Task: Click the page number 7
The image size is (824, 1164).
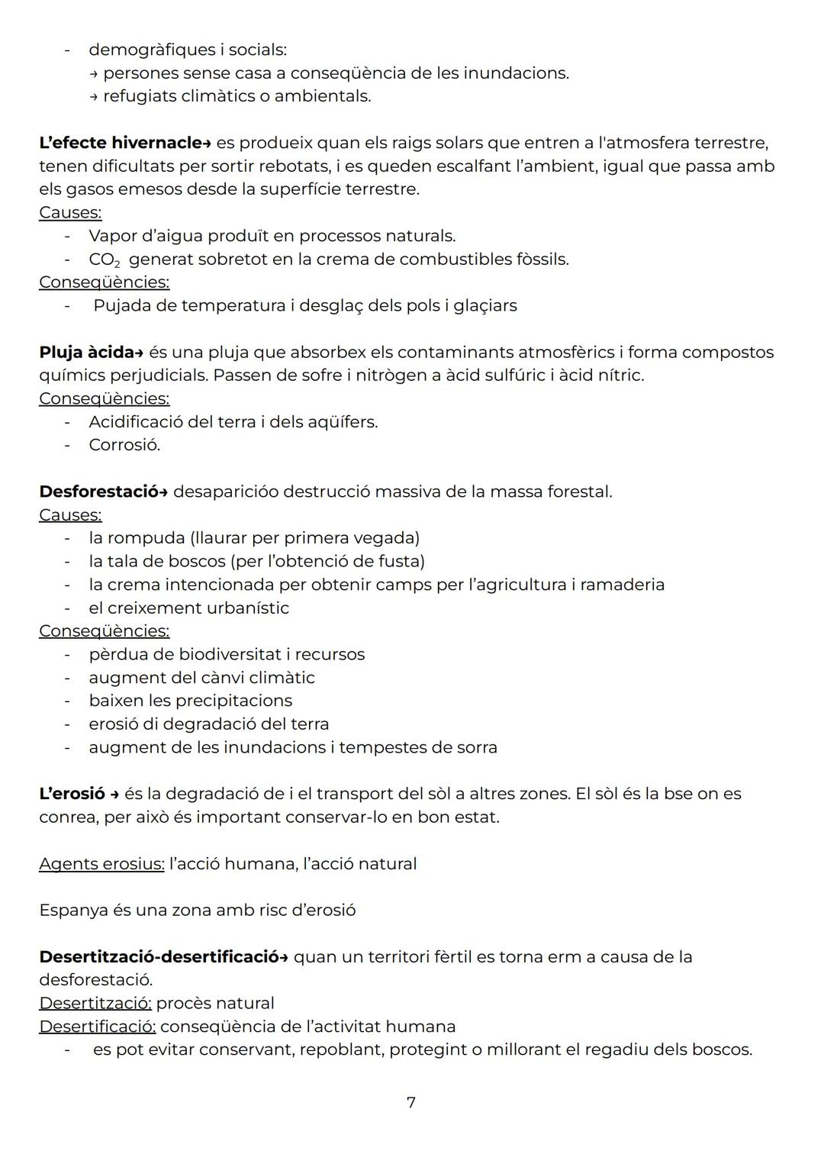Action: point(411,1102)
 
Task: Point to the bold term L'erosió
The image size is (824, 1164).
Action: point(72,794)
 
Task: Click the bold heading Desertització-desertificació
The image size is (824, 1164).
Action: point(159,957)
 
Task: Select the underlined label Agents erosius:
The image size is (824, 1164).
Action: point(101,864)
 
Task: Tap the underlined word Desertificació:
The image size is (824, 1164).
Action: point(97,1027)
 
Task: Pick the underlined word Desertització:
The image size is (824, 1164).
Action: point(95,1003)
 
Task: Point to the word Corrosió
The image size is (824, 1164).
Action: point(124,445)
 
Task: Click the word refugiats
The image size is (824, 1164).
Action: point(140,96)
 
